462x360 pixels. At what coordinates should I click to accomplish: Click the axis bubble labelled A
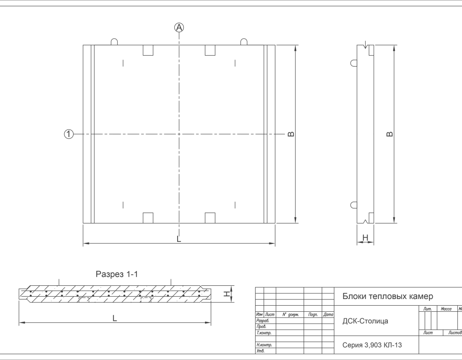pyautogui.click(x=179, y=27)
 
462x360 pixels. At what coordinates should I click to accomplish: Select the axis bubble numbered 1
pyautogui.click(x=69, y=134)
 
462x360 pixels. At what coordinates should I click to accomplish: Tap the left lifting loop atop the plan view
pyautogui.click(x=114, y=42)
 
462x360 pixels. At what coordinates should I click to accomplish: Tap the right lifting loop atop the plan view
pyautogui.click(x=244, y=42)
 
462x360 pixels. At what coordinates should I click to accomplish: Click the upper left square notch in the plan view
pyautogui.click(x=148, y=51)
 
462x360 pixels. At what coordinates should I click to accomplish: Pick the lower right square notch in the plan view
pyautogui.click(x=210, y=217)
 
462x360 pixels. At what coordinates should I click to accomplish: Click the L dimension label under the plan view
pyautogui.click(x=179, y=239)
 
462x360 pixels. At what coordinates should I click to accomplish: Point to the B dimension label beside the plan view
pyautogui.click(x=291, y=134)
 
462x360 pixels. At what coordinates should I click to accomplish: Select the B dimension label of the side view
pyautogui.click(x=390, y=134)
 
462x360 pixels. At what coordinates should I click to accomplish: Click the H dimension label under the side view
pyautogui.click(x=365, y=238)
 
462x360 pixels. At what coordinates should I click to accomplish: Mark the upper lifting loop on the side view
pyautogui.click(x=353, y=63)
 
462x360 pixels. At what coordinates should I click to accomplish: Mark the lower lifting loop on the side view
pyautogui.click(x=353, y=205)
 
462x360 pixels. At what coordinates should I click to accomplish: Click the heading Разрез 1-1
pyautogui.click(x=117, y=274)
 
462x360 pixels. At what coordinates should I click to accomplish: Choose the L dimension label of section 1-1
pyautogui.click(x=114, y=318)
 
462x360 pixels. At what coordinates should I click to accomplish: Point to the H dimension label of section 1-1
pyautogui.click(x=227, y=293)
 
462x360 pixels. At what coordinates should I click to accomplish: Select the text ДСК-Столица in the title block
pyautogui.click(x=365, y=321)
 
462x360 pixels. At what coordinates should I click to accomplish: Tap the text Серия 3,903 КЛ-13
pyautogui.click(x=372, y=345)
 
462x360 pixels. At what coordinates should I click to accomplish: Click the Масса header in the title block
pyautogui.click(x=445, y=309)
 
